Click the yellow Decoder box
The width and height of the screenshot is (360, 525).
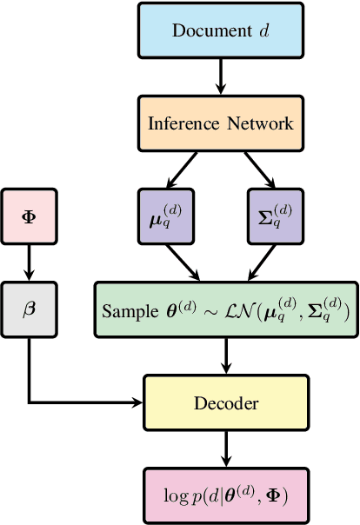[x=227, y=402]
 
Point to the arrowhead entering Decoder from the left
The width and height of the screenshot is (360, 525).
[x=137, y=402]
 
